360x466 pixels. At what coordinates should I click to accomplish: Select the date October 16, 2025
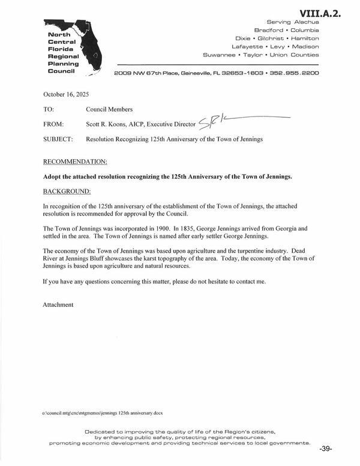coord(68,95)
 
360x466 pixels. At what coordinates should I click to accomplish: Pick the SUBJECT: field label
coord(58,139)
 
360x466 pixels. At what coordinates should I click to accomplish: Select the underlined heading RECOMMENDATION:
coord(76,163)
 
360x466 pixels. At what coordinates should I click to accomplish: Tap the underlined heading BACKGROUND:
coord(67,191)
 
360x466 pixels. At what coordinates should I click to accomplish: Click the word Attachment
coord(58,304)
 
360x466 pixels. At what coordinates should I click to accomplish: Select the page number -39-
coord(326,449)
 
